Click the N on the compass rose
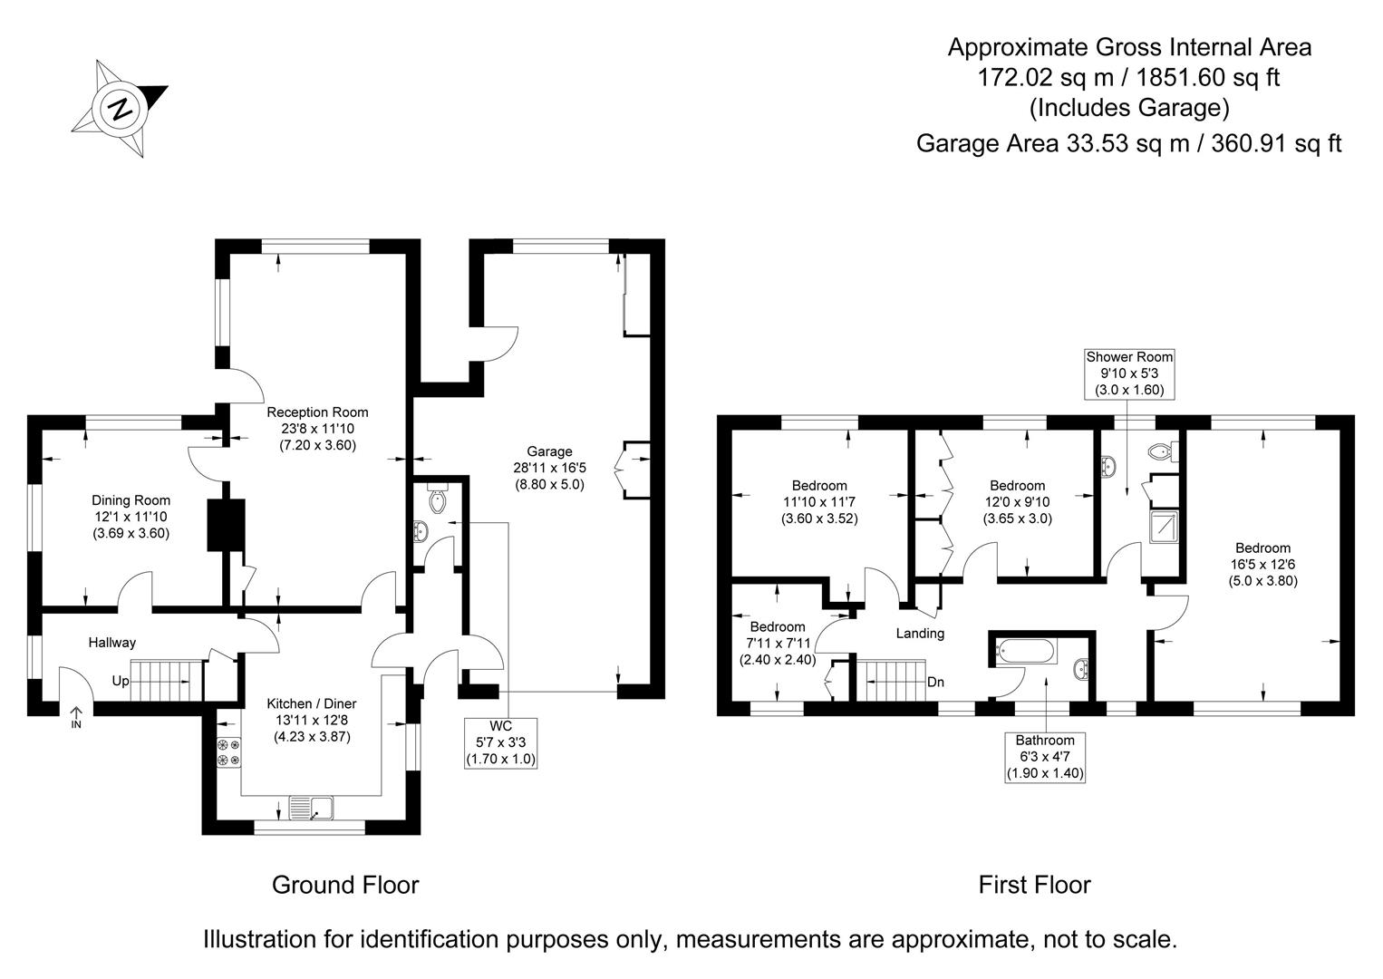coord(120,110)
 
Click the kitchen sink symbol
coord(311,808)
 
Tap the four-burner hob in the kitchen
coord(228,752)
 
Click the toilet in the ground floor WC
coord(438,498)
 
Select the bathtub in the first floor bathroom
coord(1026,651)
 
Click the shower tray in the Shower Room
coord(1164,527)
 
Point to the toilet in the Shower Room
coord(1164,452)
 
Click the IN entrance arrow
coord(76,718)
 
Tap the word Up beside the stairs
coord(121,681)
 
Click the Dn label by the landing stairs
coord(935,682)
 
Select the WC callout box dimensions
coord(500,751)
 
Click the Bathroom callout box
coord(1045,758)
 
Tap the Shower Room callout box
coord(1129,373)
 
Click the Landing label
coord(920,633)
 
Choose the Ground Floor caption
coord(345,885)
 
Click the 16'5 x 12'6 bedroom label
coord(1263,565)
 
